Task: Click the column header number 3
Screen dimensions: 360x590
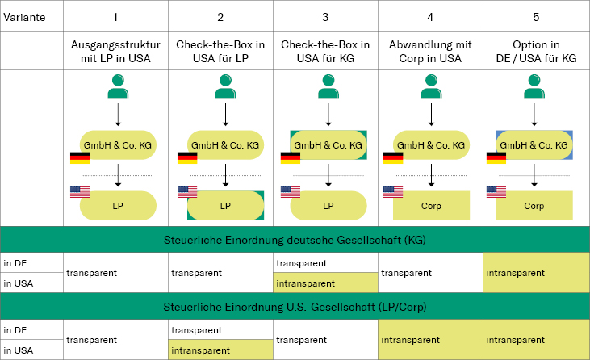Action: [x=325, y=16]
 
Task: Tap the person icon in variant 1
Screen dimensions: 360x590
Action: [x=118, y=87]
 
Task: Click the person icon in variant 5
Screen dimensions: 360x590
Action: [x=534, y=87]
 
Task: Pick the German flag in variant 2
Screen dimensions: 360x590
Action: [x=187, y=157]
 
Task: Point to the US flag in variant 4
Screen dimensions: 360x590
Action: [x=393, y=192]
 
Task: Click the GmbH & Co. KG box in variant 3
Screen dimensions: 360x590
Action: [x=328, y=145]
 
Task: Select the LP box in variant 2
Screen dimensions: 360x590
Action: [x=225, y=206]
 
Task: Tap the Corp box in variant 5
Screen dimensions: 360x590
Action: [x=534, y=206]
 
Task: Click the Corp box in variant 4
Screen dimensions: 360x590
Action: [x=431, y=206]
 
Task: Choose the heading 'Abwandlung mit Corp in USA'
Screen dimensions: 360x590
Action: [x=430, y=50]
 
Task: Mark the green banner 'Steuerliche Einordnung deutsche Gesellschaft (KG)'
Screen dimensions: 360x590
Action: [x=295, y=240]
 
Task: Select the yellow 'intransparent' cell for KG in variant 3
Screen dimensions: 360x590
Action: [x=325, y=283]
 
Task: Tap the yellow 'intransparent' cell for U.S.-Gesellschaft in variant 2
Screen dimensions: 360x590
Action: [x=221, y=350]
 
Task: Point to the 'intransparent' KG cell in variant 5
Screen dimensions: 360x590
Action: [x=536, y=273]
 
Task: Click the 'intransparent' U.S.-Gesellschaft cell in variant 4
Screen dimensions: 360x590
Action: [x=430, y=340]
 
